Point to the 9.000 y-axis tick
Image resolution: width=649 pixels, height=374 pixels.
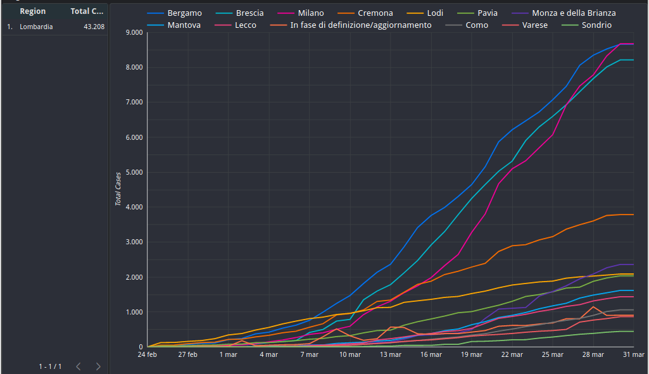[x=134, y=32]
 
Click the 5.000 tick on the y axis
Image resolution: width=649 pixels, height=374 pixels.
[x=134, y=172]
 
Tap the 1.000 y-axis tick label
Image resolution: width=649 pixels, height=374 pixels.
[x=134, y=312]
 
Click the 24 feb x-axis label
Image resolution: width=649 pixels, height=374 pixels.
[x=148, y=355]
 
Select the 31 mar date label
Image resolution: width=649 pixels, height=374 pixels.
[x=634, y=355]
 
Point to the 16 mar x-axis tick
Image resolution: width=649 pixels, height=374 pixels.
[x=431, y=355]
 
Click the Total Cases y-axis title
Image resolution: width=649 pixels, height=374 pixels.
[x=118, y=189]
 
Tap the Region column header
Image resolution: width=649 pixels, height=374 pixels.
[x=32, y=11]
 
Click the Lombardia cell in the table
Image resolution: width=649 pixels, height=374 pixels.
[x=36, y=27]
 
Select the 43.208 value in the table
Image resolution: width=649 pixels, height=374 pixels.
[x=94, y=27]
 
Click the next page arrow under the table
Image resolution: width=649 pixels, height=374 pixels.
[x=98, y=366]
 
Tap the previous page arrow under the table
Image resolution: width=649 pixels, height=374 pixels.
[x=79, y=366]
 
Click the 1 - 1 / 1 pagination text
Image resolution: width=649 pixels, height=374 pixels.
[x=50, y=366]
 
